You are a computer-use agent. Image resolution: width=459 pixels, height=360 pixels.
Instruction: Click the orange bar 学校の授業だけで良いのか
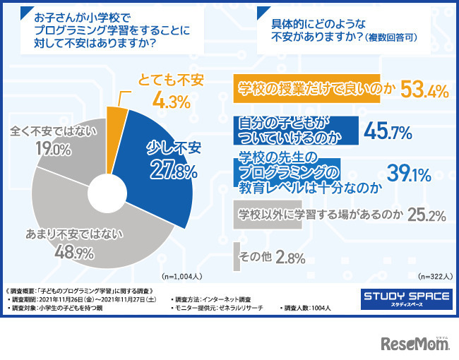(306, 89)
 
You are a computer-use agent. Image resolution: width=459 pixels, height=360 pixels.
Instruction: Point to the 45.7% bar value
(387, 131)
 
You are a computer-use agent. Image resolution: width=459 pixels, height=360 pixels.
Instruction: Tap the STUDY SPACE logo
(405, 297)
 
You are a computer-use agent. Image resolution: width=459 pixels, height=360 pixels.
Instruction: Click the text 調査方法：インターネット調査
(211, 300)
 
